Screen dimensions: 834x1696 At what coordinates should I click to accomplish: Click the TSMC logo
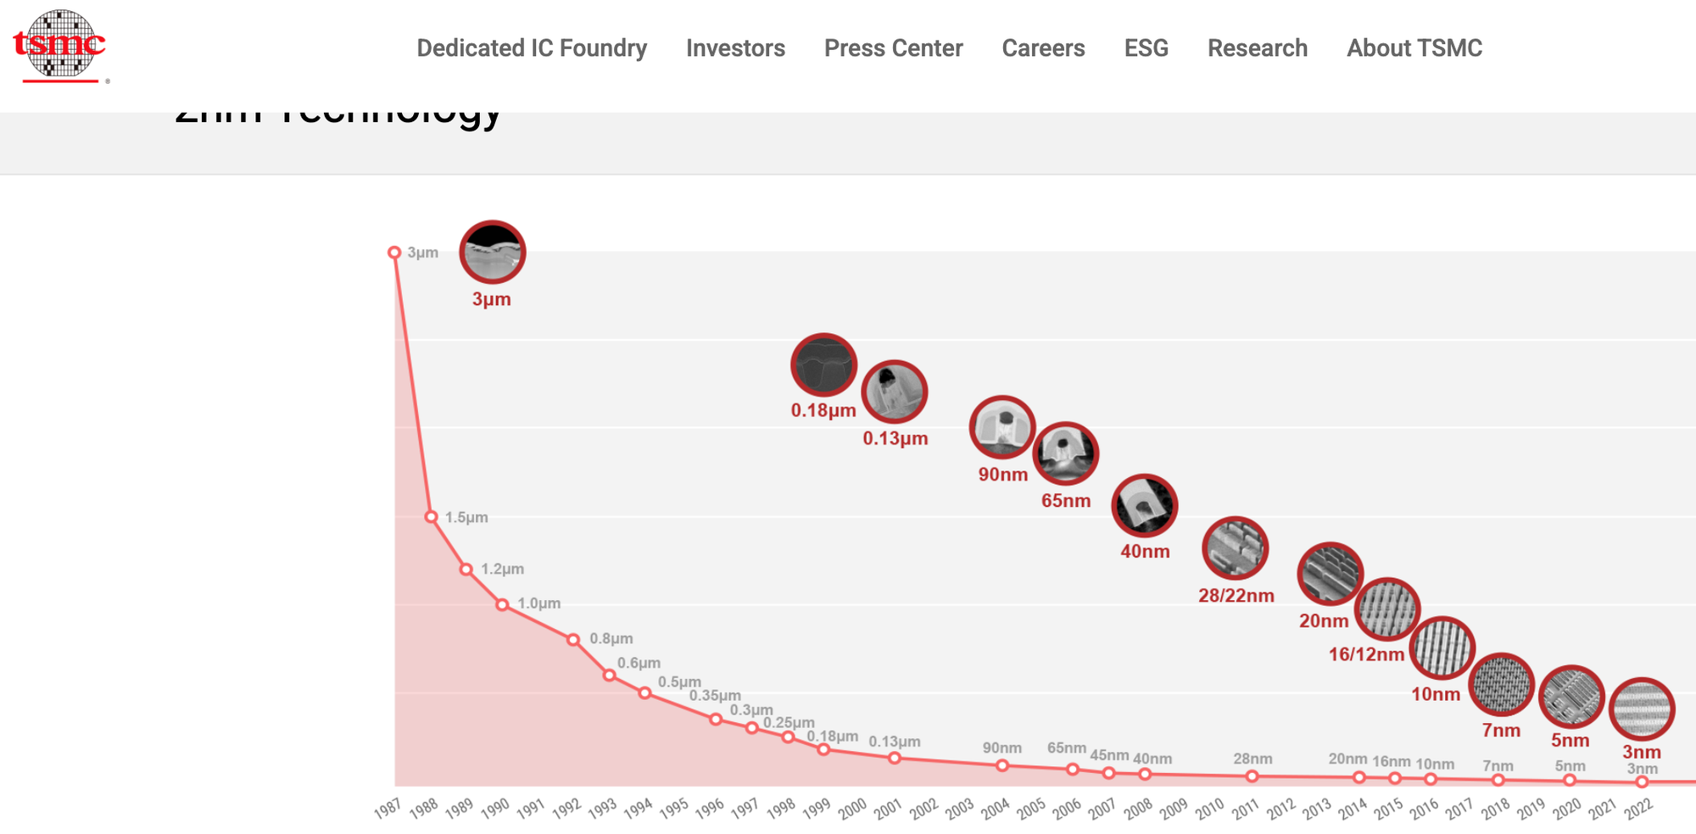(x=59, y=46)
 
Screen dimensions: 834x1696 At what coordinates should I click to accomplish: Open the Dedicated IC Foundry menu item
(x=532, y=48)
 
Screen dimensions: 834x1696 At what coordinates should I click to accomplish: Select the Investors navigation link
(x=735, y=48)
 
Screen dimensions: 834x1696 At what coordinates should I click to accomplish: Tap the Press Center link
(x=893, y=48)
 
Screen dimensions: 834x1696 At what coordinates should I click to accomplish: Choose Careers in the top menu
(x=1043, y=48)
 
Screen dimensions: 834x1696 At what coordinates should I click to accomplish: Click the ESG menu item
(x=1146, y=48)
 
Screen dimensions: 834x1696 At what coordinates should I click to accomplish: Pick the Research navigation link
(x=1257, y=48)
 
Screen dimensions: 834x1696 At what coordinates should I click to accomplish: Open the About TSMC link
(x=1414, y=48)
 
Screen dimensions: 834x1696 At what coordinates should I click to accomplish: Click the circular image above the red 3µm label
(x=493, y=252)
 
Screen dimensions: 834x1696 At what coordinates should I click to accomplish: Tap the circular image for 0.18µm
(x=823, y=365)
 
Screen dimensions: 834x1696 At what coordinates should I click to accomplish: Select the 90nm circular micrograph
(x=1002, y=427)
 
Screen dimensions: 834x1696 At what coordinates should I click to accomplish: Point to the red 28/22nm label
(x=1236, y=596)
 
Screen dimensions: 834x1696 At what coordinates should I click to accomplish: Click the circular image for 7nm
(x=1501, y=685)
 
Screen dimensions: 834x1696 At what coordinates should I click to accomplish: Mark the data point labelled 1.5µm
(x=431, y=517)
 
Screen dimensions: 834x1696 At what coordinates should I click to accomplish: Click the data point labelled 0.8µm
(x=573, y=640)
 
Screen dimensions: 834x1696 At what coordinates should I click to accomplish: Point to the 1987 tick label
(x=388, y=809)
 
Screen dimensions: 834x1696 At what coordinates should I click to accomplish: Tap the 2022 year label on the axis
(x=1638, y=809)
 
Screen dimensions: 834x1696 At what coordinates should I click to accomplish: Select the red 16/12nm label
(x=1366, y=654)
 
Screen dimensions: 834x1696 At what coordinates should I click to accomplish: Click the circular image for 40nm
(x=1145, y=506)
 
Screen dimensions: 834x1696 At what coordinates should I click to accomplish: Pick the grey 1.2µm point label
(x=502, y=569)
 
